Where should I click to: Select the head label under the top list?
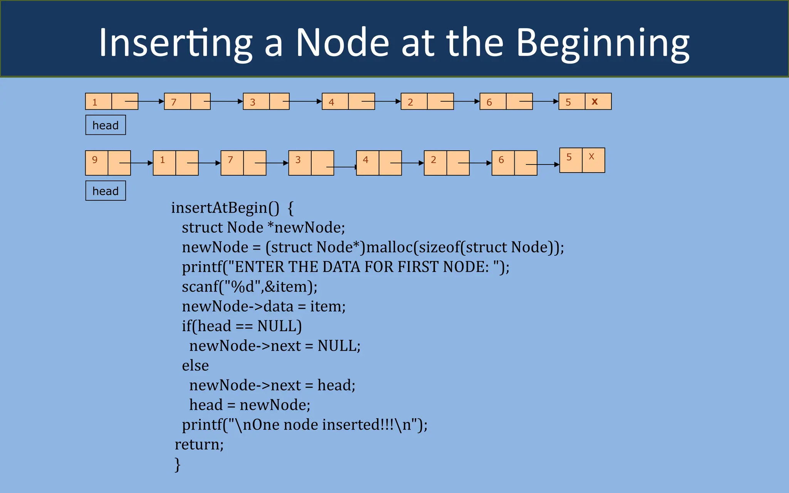[x=106, y=125]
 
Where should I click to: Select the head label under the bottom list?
[x=106, y=191]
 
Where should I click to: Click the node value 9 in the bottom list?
[x=95, y=160]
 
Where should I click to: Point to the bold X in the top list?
[x=594, y=102]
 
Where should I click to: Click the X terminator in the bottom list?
[x=591, y=157]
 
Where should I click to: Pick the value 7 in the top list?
[x=174, y=102]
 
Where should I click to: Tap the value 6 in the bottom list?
[x=501, y=160]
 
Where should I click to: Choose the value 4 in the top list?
[x=331, y=102]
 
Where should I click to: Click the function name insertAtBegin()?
[x=225, y=208]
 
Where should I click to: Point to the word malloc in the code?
[x=389, y=247]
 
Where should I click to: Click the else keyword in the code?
[x=195, y=366]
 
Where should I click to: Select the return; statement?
[x=199, y=444]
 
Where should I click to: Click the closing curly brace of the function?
[x=177, y=464]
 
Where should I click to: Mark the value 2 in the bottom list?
[x=433, y=160]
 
